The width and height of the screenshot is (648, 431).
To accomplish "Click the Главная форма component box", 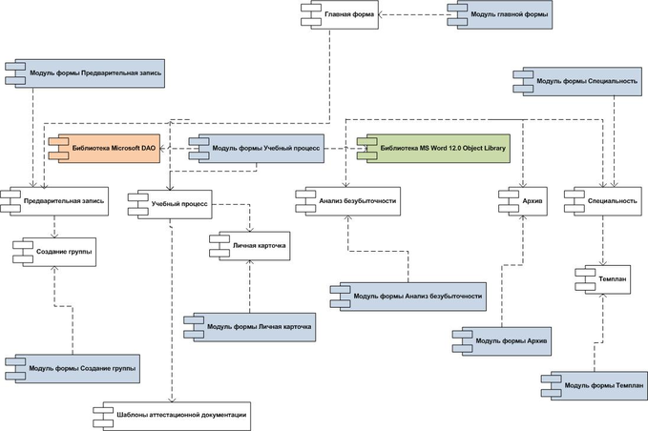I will (342, 14).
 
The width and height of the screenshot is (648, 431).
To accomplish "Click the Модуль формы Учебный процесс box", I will (259, 148).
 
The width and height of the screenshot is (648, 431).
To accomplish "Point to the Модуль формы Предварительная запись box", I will (90, 72).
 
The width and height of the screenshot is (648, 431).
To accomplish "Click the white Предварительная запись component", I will (56, 200).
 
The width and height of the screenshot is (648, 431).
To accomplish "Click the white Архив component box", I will (524, 201).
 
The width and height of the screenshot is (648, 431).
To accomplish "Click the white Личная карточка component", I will (250, 246).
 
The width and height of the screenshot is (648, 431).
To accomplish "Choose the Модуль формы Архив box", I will (507, 340).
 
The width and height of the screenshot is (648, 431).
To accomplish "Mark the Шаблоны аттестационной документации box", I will (173, 414).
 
